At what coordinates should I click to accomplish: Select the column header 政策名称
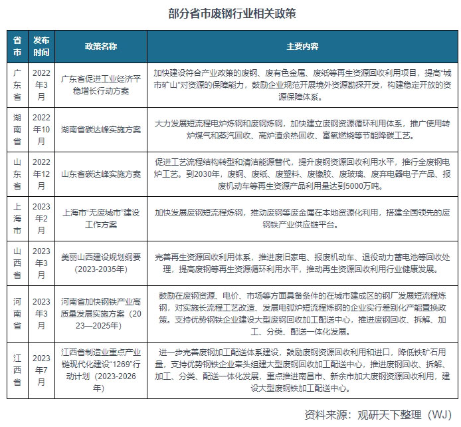[x=101, y=47]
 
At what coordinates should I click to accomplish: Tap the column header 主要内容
[x=302, y=47]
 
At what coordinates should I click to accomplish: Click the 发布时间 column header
[x=41, y=47]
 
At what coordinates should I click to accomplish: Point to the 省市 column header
[x=17, y=47]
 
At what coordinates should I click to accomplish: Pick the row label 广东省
[x=17, y=83]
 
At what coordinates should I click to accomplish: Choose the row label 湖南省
[x=17, y=128]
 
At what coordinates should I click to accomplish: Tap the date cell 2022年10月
[x=41, y=128]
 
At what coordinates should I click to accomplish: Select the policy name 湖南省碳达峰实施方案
[x=101, y=128]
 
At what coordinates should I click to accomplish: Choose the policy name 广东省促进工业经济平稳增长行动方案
[x=101, y=83]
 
